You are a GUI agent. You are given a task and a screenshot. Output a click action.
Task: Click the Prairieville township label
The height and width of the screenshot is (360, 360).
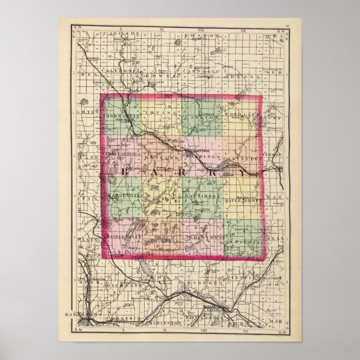coord(121,238)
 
